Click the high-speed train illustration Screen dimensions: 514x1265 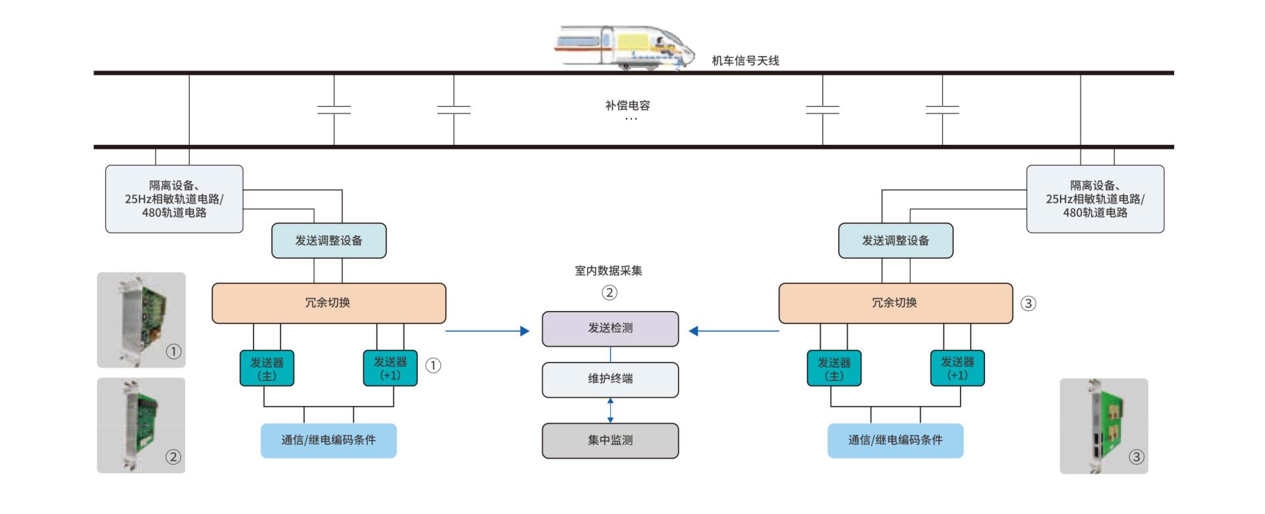623,47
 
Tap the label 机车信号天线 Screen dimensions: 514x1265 745,61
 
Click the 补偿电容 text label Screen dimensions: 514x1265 627,105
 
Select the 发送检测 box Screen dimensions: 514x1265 610,328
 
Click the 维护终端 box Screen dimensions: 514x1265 610,379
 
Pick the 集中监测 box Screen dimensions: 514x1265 610,440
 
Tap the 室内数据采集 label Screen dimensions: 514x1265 608,270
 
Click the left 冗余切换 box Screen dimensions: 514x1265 328,303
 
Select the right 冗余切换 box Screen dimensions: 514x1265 895,303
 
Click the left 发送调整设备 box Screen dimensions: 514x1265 329,241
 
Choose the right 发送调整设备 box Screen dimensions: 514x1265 895,241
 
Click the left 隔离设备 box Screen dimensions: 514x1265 174,199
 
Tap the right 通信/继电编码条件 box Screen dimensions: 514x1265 895,440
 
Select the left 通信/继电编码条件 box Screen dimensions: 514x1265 329,440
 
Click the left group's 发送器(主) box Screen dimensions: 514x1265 267,368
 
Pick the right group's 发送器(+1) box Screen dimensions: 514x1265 957,368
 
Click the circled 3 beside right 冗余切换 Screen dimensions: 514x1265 1028,304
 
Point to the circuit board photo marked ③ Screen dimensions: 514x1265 1104,426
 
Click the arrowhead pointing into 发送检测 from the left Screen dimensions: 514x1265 524,331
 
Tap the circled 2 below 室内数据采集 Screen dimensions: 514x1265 609,293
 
